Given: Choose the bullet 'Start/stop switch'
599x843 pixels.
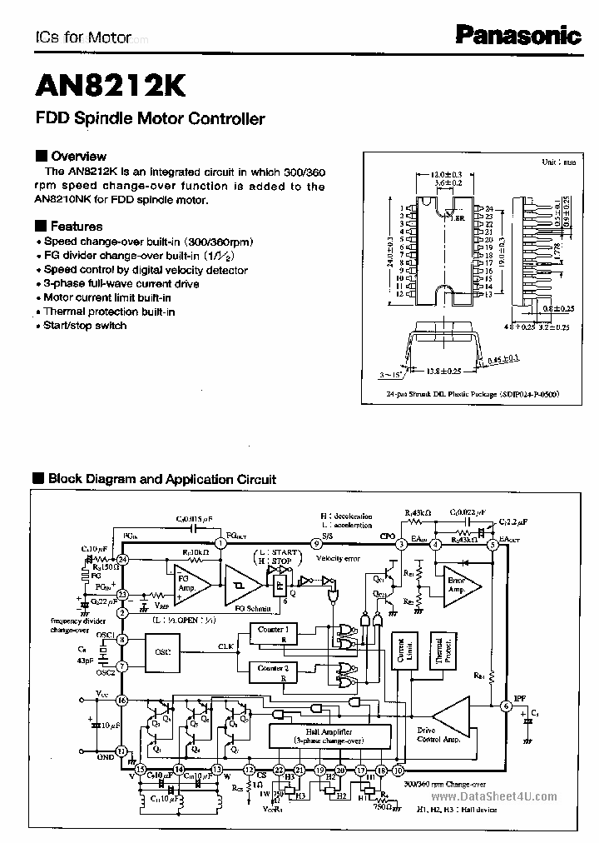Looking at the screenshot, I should pos(85,326).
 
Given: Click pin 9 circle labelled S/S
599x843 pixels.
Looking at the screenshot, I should pos(317,544).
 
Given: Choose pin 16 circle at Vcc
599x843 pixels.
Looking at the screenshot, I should pos(122,701).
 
